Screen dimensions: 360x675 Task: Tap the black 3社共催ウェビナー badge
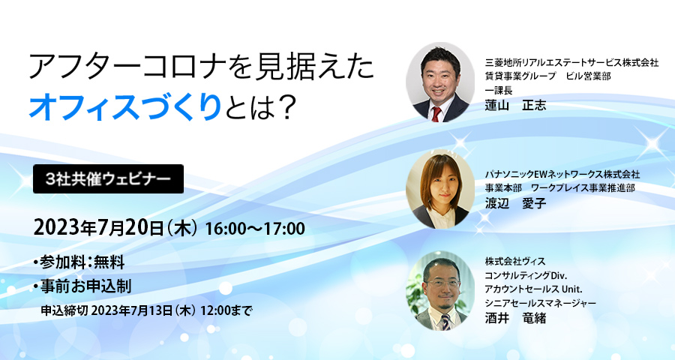[x=108, y=180]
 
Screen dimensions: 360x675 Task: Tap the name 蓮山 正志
[x=516, y=105]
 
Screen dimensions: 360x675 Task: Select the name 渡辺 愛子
[x=516, y=203]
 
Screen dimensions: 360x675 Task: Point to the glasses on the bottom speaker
[x=439, y=283]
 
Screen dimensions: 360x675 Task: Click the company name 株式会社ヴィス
[x=519, y=261]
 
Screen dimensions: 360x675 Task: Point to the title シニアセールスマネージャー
[x=540, y=302]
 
